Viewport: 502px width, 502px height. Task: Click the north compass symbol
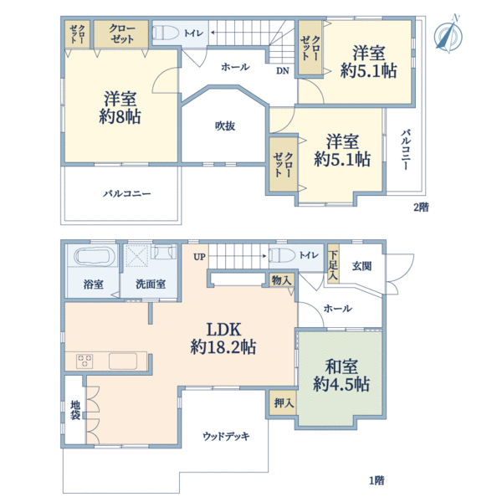[x=448, y=34]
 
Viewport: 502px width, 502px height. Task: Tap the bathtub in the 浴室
[x=95, y=256]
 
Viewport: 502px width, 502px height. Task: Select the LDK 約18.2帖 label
[x=223, y=338]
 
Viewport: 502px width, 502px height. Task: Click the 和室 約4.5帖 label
[x=341, y=375]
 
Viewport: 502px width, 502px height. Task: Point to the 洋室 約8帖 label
[x=120, y=107]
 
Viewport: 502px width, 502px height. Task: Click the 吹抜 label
[x=225, y=125]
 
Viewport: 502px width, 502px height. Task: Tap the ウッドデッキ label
[x=226, y=436]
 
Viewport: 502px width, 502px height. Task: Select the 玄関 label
[x=361, y=266]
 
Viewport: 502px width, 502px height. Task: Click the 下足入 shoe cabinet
[x=333, y=264]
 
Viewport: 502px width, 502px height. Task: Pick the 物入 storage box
[x=281, y=280]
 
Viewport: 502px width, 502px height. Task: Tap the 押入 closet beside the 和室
[x=284, y=402]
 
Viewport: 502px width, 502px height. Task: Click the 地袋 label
[x=75, y=410]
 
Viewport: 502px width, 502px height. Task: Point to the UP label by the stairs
[x=199, y=257]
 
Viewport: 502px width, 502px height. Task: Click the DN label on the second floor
[x=283, y=71]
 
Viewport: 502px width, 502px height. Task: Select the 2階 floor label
[x=421, y=207]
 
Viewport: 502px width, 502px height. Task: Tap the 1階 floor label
[x=376, y=480]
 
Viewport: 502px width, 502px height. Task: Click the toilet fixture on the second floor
[x=166, y=33]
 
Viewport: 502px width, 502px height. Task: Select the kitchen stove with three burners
[x=85, y=361]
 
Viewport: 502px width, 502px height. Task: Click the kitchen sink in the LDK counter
[x=123, y=361]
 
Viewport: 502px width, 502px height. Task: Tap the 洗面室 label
[x=151, y=284]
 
